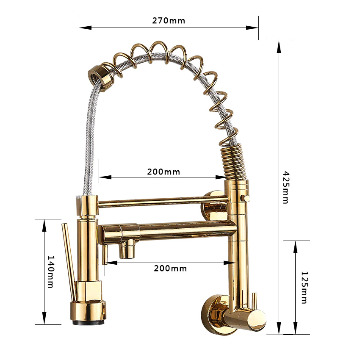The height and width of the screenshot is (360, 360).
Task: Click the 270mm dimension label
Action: (169, 20)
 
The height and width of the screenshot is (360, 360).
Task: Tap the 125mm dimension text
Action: (303, 288)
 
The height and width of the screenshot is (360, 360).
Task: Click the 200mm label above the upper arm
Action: (163, 172)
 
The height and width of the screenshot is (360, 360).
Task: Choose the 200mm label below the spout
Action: (170, 268)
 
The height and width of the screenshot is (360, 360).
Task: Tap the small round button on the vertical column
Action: (244, 198)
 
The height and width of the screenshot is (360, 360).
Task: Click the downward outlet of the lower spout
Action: (127, 250)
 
